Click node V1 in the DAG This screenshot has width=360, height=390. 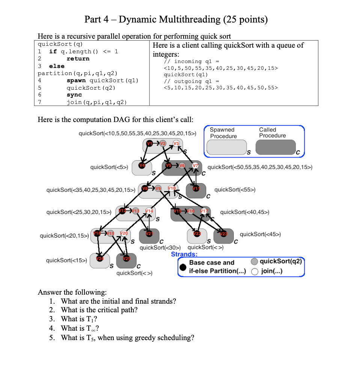tap(149, 143)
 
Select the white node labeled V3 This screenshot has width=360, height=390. tap(176, 143)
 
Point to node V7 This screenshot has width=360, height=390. tap(195, 166)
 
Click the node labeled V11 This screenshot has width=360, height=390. tap(195, 189)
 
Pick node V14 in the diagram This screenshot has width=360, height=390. tap(149, 212)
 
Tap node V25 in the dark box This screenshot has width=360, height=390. tap(127, 259)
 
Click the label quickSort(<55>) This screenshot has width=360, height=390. tap(235, 190)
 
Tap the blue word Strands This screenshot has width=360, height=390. tap(184, 254)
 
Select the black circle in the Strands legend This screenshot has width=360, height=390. tap(183, 267)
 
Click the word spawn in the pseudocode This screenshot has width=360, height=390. tap(76, 80)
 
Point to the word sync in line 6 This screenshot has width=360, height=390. tap(74, 95)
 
